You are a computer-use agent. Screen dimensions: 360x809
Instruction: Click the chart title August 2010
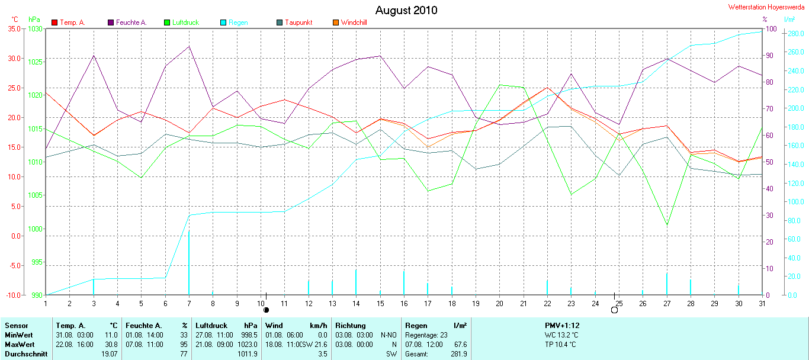coord(406,11)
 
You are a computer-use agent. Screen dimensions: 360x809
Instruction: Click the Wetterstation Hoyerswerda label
coord(768,7)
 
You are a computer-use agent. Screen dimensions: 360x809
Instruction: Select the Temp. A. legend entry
coord(69,22)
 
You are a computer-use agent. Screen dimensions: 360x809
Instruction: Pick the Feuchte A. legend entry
coord(127,22)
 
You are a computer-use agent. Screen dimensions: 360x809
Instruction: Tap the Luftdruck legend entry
coord(181,22)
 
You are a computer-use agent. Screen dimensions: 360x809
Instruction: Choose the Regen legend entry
coord(234,22)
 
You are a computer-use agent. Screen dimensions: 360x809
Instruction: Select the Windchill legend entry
coord(350,22)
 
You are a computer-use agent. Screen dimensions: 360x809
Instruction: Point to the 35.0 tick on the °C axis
coord(14,28)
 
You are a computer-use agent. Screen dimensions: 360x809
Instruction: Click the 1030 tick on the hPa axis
coord(35,28)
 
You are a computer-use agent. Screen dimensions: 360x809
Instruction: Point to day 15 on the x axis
coord(380,303)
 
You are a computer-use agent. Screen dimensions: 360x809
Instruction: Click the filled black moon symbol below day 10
coord(266,310)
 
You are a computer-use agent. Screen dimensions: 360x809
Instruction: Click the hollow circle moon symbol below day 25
coord(614,310)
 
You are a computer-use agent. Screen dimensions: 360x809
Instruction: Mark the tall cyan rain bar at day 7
coord(189,261)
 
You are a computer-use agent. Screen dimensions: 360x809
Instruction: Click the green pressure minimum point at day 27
coord(667,225)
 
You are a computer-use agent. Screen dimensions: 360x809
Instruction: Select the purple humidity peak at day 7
coord(189,46)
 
